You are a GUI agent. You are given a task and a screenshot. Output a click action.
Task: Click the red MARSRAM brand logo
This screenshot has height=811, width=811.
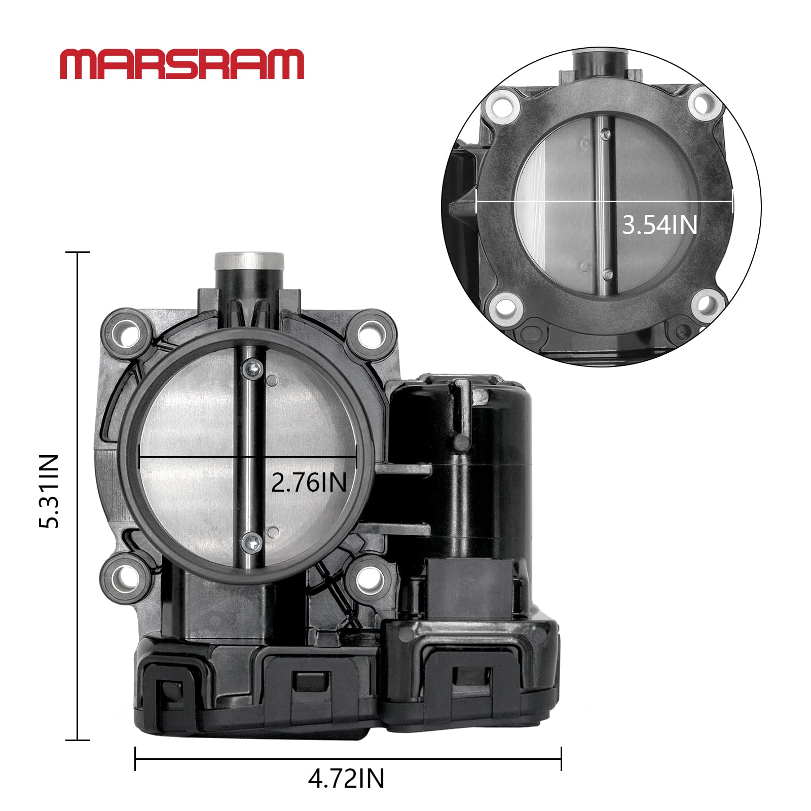point(181,64)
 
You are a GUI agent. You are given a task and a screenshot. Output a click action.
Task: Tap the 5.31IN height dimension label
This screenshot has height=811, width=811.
point(50,491)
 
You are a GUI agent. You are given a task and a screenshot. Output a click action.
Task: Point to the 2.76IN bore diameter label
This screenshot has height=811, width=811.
point(309,482)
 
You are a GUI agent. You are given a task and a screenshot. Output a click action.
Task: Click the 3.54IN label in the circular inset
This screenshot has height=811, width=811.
point(659,225)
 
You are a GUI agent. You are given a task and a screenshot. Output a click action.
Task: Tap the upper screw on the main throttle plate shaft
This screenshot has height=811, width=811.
point(253,367)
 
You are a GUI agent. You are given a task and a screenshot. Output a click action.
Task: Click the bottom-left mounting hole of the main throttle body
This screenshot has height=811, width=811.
point(125,576)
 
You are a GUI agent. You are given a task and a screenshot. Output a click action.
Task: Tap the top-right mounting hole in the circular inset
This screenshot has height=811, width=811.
point(704,103)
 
